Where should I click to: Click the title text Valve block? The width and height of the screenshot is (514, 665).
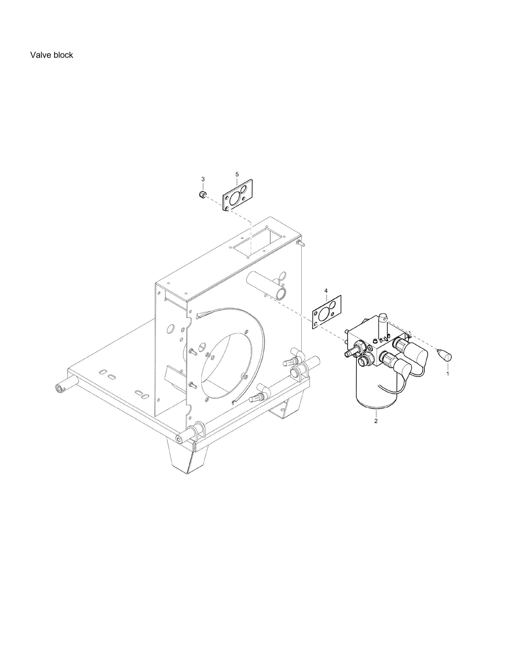(52, 55)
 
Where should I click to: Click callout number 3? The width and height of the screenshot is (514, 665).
(203, 179)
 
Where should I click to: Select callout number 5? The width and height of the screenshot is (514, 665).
(237, 174)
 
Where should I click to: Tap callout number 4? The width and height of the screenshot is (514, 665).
(326, 291)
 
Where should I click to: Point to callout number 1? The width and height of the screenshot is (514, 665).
(447, 374)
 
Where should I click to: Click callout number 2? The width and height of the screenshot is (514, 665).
(376, 421)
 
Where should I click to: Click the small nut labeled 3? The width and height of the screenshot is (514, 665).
(201, 194)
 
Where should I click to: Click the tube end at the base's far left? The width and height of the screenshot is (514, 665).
(58, 388)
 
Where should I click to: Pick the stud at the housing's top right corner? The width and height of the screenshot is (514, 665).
(300, 243)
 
